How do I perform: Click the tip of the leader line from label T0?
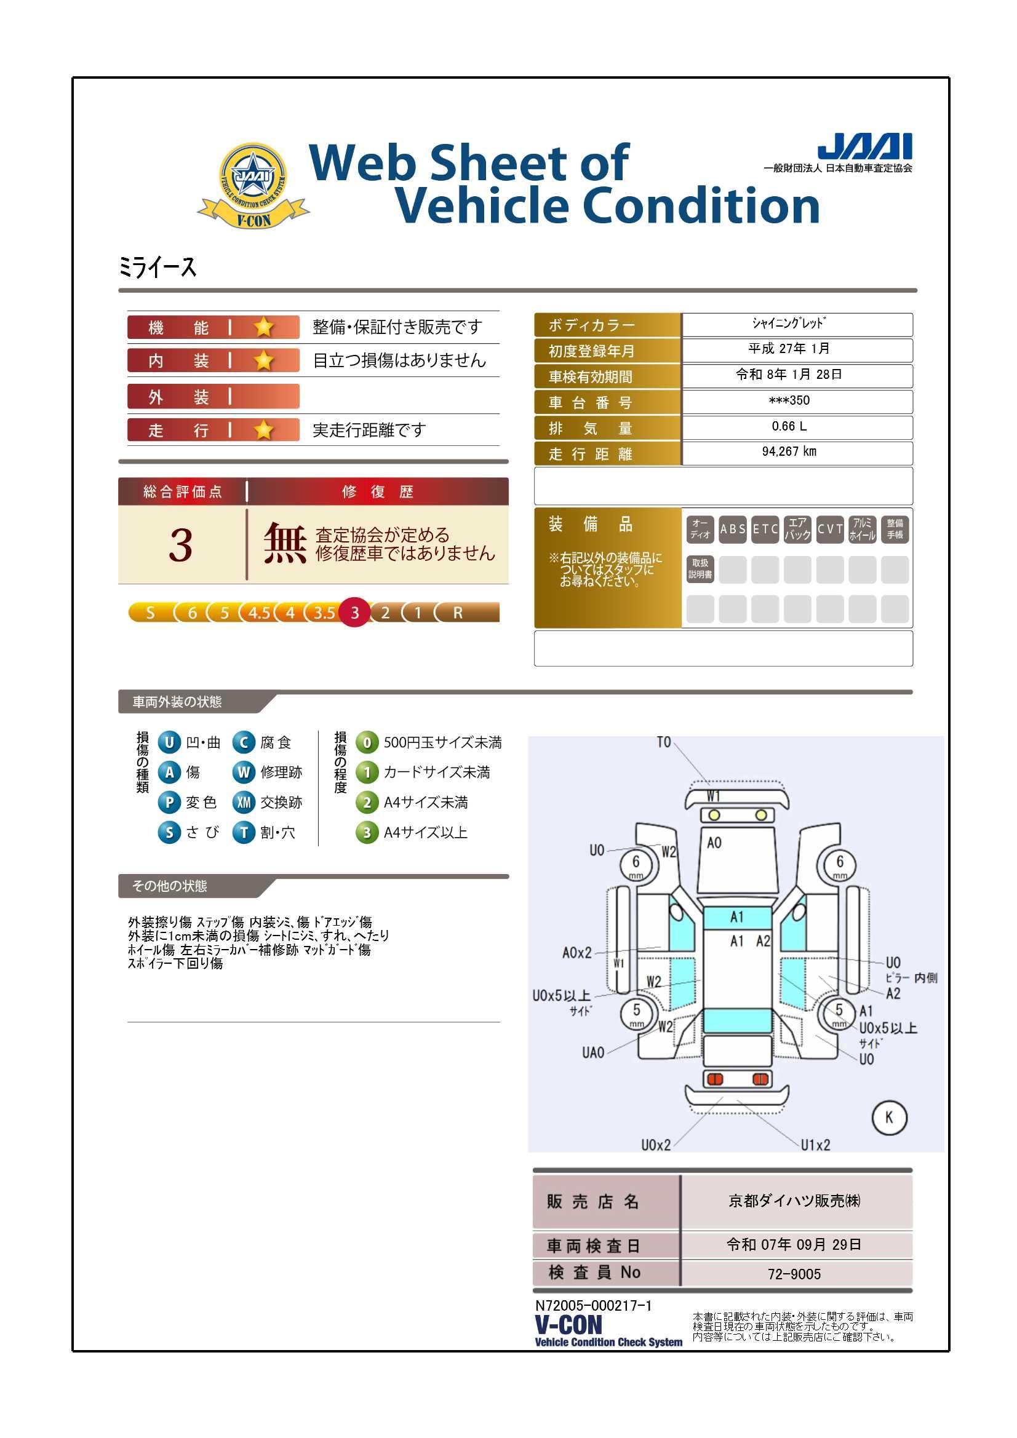[x=710, y=785]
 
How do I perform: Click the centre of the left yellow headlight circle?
[x=714, y=815]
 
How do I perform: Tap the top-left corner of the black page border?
[x=73, y=77]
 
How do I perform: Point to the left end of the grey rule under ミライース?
[x=119, y=290]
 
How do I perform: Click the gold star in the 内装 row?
[x=264, y=360]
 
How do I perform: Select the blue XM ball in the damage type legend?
[x=244, y=802]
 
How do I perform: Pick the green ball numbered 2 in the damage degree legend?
[x=367, y=802]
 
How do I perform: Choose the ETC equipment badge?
[x=765, y=529]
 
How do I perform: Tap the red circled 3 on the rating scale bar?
[x=354, y=613]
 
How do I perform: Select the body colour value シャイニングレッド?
[x=789, y=323]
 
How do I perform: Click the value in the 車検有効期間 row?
[x=789, y=375]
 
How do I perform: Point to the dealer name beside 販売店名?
[x=794, y=1201]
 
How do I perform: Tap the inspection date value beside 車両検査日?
[x=793, y=1244]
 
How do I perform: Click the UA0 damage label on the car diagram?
[x=592, y=1053]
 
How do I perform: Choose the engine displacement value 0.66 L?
[x=789, y=426]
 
